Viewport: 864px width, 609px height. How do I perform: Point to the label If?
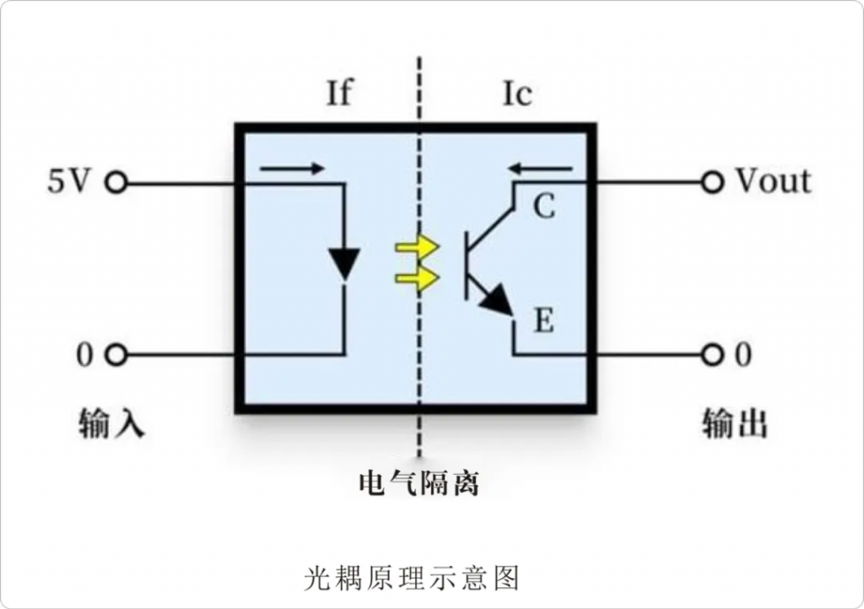click(339, 93)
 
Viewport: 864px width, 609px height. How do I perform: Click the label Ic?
click(517, 94)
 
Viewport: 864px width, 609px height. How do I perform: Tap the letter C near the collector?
click(544, 207)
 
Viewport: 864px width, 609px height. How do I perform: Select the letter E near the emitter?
click(544, 321)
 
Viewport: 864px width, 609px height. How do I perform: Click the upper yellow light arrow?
click(417, 247)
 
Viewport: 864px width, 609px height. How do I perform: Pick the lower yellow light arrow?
click(417, 278)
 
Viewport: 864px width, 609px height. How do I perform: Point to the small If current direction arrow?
click(292, 169)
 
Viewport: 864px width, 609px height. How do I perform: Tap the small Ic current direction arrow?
click(541, 169)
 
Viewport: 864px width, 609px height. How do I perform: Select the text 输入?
click(111, 423)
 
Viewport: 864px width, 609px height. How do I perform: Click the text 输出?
click(735, 423)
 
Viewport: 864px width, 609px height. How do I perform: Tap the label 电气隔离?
click(418, 483)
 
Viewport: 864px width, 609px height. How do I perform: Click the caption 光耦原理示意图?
click(412, 578)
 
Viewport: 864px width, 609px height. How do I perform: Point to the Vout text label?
click(773, 181)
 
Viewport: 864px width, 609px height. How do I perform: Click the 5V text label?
click(68, 181)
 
